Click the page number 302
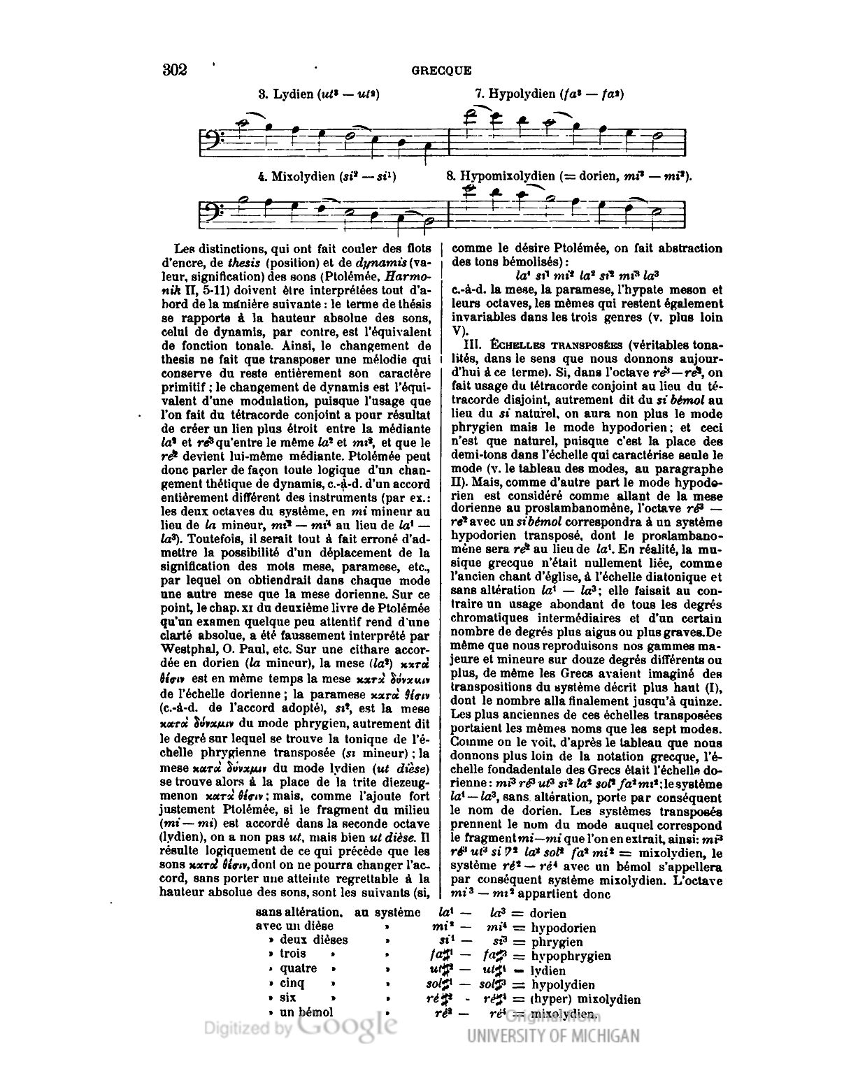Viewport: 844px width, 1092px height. [x=174, y=70]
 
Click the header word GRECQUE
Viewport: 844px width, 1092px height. [x=441, y=71]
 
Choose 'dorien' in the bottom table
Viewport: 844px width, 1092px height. [x=548, y=913]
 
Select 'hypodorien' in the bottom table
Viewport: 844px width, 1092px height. [x=563, y=928]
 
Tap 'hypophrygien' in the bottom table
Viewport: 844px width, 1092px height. [x=571, y=956]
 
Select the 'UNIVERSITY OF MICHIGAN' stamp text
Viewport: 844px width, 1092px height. [x=552, y=1035]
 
